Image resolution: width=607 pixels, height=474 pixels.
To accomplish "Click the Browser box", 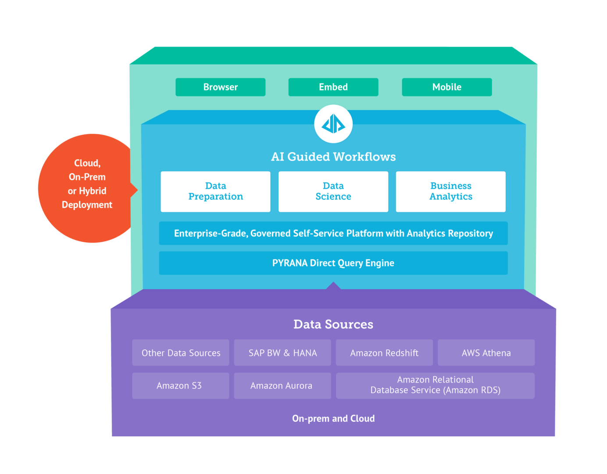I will click(x=220, y=87).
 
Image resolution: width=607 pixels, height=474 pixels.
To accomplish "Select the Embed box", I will click(x=333, y=87).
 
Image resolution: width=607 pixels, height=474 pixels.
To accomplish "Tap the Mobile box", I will click(x=446, y=87).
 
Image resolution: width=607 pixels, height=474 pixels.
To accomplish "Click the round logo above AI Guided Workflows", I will click(x=333, y=124).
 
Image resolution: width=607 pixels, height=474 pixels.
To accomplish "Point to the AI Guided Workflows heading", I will click(x=333, y=157).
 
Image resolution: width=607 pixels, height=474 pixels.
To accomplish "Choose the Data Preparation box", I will click(x=215, y=191).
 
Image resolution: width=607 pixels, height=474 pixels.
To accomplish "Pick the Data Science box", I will click(x=333, y=191).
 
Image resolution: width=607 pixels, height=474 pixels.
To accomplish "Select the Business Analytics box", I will click(x=450, y=191).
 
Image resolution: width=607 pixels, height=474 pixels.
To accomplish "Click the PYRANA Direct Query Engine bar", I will click(x=333, y=263).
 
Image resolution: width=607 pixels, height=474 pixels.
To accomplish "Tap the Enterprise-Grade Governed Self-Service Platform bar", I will click(x=333, y=233).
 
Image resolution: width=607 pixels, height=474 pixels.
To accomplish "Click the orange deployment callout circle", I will click(x=87, y=188).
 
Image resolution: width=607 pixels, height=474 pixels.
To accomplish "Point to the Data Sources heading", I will click(x=333, y=324).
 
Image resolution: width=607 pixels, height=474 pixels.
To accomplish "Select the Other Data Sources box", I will click(x=181, y=352).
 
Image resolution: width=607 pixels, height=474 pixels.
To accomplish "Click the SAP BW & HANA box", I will click(x=282, y=352).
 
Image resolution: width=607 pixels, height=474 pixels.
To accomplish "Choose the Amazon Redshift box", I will click(x=384, y=352).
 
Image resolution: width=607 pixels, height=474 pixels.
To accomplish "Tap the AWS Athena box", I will click(x=486, y=352).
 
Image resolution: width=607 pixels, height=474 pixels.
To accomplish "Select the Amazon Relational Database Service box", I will click(x=435, y=385).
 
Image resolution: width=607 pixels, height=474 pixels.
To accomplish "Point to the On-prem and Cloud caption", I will click(x=333, y=418).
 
